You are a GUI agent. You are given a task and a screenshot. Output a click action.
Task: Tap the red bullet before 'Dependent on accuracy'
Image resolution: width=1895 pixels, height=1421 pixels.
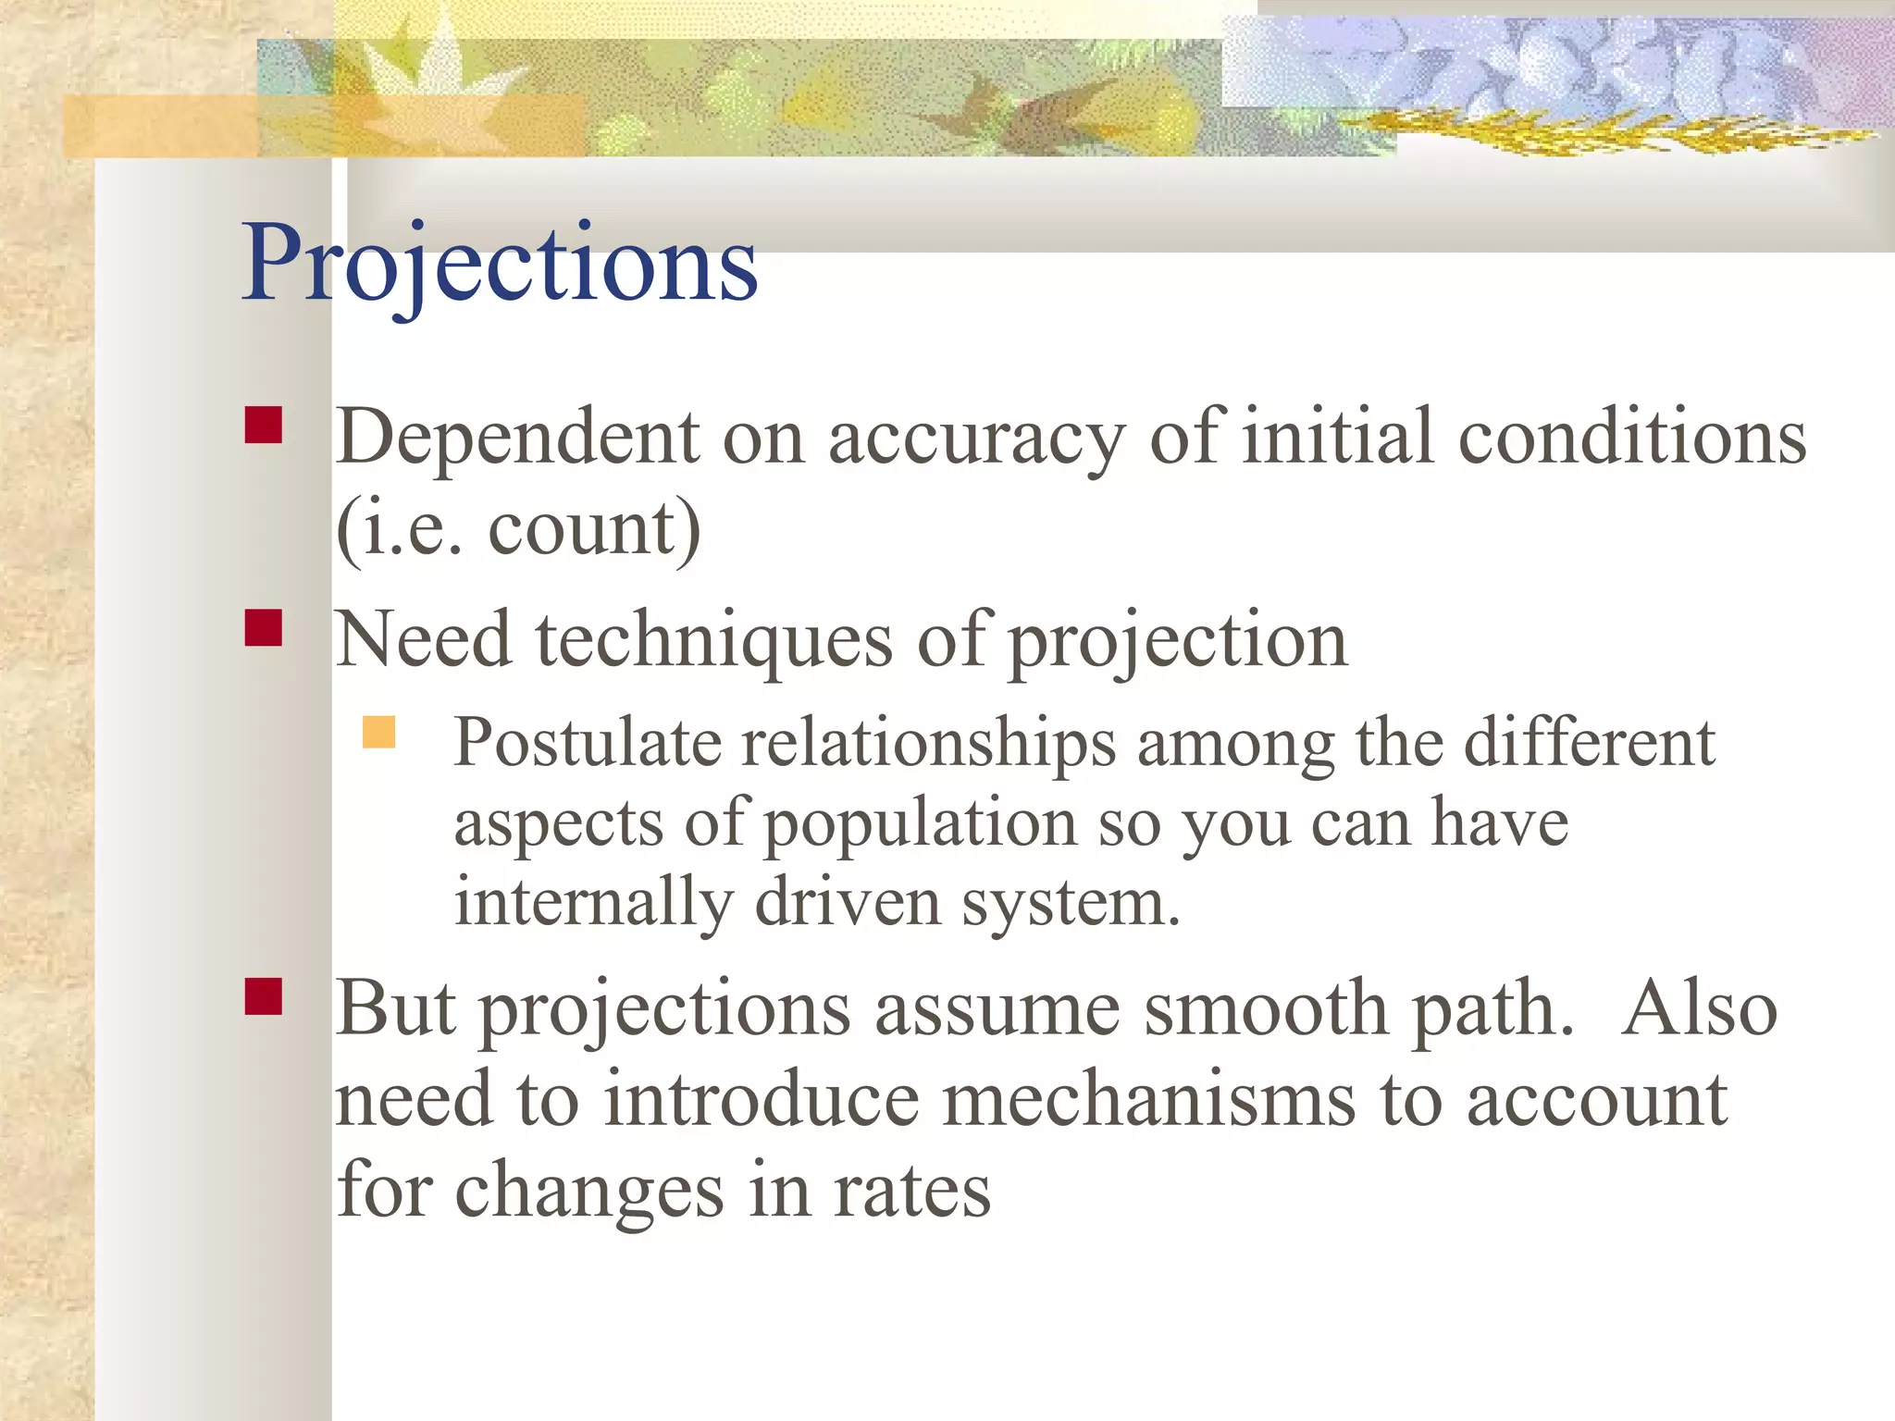click(x=264, y=426)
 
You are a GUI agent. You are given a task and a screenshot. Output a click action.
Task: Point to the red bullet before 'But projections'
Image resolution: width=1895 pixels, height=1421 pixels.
click(x=264, y=996)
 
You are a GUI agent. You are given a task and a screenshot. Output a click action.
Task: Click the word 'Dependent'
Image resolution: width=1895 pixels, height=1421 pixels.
click(x=517, y=437)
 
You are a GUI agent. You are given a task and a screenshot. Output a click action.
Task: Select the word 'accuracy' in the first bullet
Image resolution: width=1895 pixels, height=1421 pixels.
click(x=976, y=439)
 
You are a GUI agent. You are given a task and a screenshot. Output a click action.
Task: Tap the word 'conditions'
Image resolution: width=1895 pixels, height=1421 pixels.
click(x=1632, y=437)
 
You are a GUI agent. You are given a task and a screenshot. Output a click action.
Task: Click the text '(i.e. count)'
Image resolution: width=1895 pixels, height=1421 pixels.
click(x=517, y=529)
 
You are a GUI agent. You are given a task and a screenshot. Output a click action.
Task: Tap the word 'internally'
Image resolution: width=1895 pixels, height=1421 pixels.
click(x=593, y=903)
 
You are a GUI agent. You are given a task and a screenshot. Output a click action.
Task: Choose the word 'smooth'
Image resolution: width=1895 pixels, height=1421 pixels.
click(x=1266, y=1009)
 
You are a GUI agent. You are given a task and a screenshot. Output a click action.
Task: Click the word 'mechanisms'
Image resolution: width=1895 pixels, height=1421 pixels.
click(x=1148, y=1100)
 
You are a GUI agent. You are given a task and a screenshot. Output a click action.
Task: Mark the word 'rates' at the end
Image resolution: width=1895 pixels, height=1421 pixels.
click(x=911, y=1191)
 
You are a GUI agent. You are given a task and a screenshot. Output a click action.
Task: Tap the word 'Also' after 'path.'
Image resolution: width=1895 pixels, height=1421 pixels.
click(x=1699, y=1009)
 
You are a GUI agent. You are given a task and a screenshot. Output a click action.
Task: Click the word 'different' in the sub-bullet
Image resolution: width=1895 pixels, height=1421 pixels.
click(x=1589, y=743)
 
